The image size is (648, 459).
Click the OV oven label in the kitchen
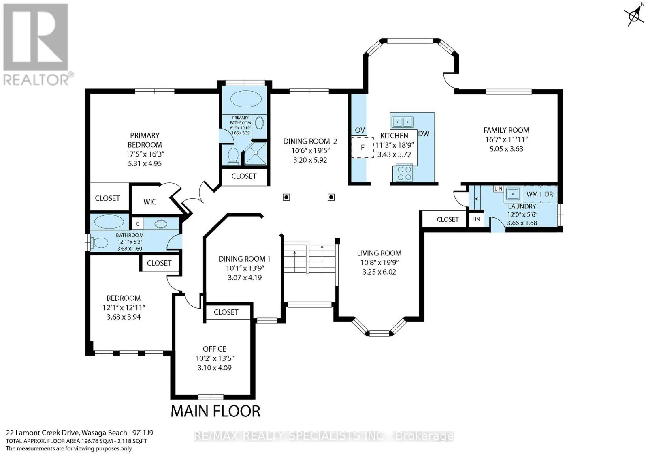(360, 130)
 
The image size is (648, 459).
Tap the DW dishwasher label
(424, 134)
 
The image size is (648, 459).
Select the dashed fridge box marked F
(362, 148)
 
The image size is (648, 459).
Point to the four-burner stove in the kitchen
(404, 173)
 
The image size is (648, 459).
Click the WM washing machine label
(532, 194)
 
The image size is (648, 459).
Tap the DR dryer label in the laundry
(549, 194)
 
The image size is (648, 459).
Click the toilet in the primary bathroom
(233, 156)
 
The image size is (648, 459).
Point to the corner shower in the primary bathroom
(255, 154)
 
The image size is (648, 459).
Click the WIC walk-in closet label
(149, 202)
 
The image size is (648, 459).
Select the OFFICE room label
(214, 349)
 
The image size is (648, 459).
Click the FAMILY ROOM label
(506, 130)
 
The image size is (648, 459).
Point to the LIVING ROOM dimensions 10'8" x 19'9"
(379, 263)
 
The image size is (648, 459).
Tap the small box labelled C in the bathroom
(138, 224)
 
